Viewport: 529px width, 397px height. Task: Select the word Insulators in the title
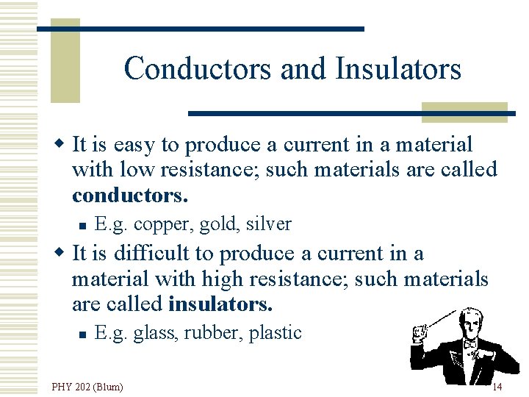click(x=398, y=69)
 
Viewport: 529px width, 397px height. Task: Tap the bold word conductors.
click(x=130, y=195)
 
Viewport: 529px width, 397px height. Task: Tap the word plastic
click(x=275, y=332)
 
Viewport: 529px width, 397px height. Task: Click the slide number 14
click(x=497, y=387)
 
